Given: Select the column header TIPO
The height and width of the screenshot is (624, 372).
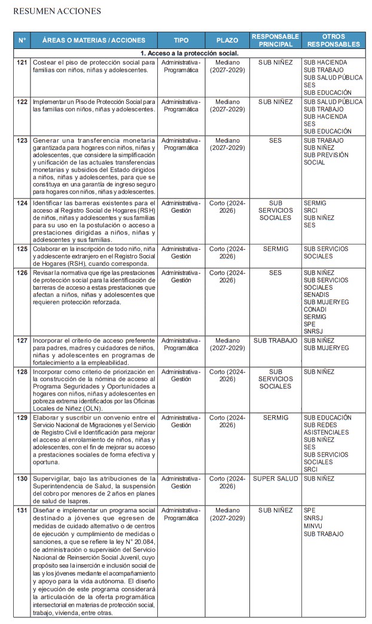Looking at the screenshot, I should (181, 41).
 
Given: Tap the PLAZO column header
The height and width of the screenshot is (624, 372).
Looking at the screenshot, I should (227, 41).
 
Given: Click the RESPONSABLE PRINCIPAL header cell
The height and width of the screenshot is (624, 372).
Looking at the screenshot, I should (276, 40).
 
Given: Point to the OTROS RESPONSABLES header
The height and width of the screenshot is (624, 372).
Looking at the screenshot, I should (333, 40).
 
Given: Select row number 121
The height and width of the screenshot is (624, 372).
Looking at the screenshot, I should (22, 62).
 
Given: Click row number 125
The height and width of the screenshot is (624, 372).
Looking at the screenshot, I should (22, 248).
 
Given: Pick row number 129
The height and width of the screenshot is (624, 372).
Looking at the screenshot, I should (22, 418).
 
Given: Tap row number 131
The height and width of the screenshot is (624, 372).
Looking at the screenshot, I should (22, 510).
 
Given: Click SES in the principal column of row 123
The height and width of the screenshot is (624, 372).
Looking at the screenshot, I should (276, 140).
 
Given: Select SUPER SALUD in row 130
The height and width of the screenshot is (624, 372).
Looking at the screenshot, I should (276, 479).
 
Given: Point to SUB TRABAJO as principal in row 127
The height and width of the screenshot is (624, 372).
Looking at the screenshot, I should (276, 341).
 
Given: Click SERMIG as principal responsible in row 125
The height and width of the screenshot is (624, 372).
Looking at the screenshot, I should (276, 248).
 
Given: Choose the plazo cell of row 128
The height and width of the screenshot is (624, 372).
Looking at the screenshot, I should (227, 375).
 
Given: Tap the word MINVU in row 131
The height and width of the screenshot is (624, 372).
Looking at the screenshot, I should (313, 526).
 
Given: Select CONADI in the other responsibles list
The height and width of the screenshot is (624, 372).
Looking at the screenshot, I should (315, 310).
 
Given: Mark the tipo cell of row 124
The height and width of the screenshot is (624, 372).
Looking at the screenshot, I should (181, 207).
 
